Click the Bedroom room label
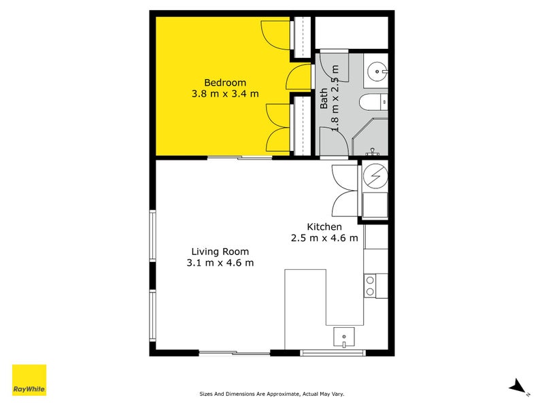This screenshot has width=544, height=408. (225, 82)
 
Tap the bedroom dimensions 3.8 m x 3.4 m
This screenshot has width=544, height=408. (225, 94)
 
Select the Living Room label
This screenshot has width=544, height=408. (220, 252)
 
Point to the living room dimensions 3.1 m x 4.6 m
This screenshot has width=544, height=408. (220, 262)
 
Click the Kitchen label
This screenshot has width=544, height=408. (324, 227)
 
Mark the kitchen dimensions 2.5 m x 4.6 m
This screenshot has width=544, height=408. (324, 238)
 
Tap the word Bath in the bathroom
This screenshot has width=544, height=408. (324, 98)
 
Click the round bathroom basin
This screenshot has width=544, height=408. (377, 71)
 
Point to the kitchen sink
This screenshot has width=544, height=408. (344, 337)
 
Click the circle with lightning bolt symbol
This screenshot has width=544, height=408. (375, 175)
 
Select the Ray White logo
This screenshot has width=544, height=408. (29, 380)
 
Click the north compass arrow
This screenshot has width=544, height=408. (517, 386)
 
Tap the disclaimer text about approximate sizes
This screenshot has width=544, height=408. (271, 394)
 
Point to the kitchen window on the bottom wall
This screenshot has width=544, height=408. (333, 353)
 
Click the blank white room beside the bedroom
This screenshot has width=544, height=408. (352, 33)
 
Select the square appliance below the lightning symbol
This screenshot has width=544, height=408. (375, 205)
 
